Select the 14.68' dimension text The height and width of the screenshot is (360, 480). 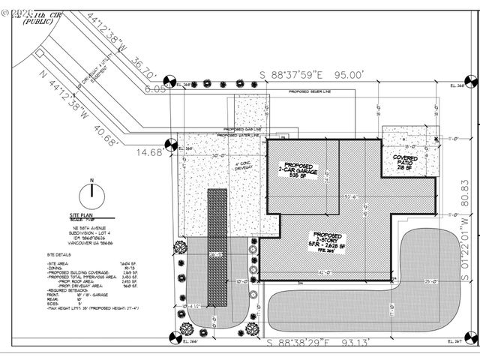click(x=149, y=152)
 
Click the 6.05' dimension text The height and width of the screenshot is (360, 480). click(x=156, y=88)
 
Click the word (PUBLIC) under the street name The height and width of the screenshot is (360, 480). click(x=38, y=22)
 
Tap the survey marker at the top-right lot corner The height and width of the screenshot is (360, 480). click(x=471, y=81)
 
